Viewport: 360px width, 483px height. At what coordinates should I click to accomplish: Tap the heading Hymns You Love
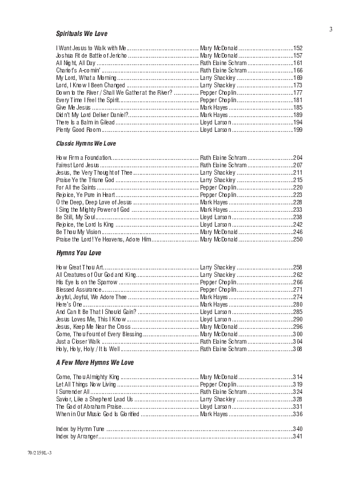tap(78, 253)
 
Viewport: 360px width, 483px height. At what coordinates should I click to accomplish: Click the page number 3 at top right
tap(330, 29)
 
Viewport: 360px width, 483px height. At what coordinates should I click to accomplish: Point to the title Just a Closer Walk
tap(77, 341)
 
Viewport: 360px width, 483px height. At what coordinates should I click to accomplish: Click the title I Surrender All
tap(73, 392)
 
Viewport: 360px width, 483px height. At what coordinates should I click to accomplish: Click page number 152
tap(297, 48)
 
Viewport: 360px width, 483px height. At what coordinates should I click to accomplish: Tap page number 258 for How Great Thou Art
tap(297, 267)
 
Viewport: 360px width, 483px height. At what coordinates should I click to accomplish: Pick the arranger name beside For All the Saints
tap(218, 187)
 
